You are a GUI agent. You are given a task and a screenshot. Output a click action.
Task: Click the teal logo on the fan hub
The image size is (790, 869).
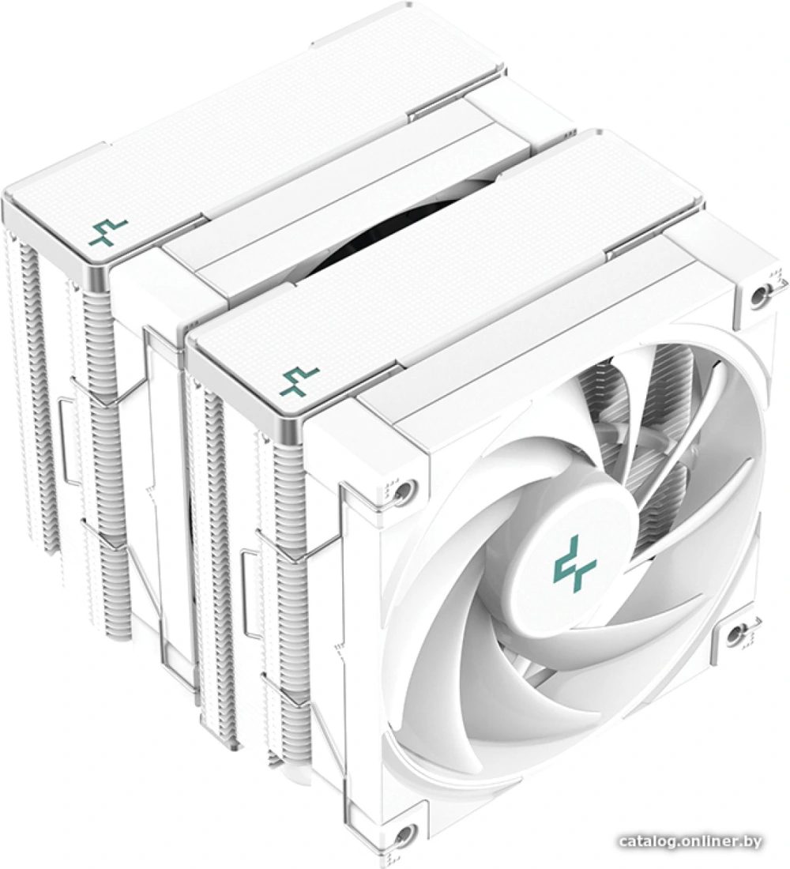575,566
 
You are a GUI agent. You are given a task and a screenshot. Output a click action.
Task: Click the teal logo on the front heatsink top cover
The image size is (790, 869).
300,382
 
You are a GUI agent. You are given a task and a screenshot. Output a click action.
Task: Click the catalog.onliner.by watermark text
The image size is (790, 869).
690,841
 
